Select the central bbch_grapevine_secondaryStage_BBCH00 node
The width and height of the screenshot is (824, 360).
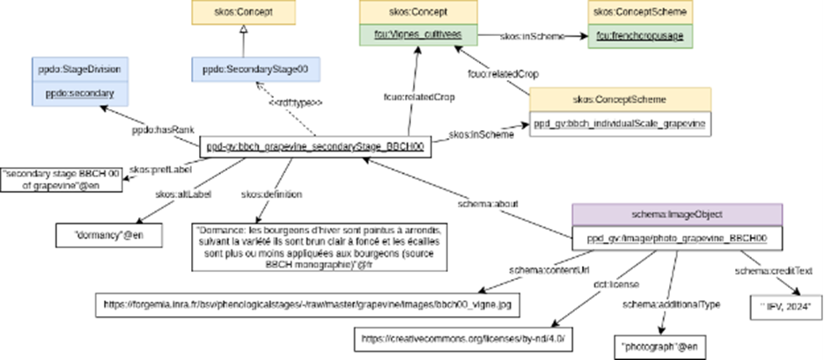316,148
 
